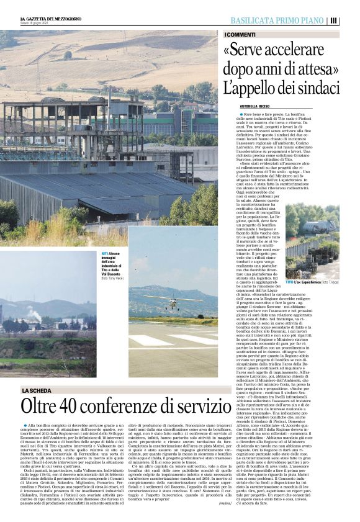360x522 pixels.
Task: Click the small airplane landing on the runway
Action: pos(173,304)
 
